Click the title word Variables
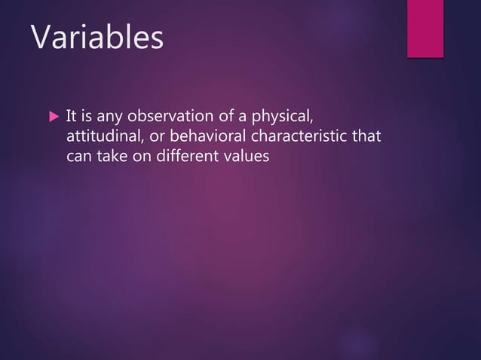coord(97,38)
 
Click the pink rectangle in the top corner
coord(425,27)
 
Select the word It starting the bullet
coord(71,117)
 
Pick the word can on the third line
coord(78,157)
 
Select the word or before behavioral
coord(158,138)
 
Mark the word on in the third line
coord(142,157)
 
